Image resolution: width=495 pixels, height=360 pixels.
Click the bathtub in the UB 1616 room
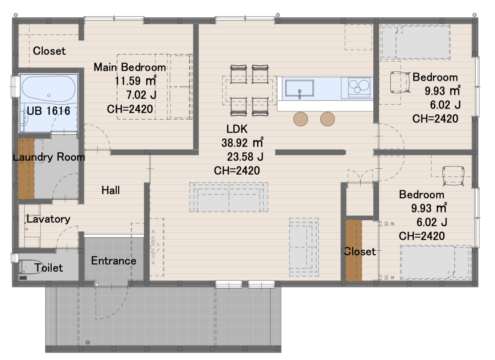click(49, 89)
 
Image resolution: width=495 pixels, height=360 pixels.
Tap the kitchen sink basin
click(299, 88)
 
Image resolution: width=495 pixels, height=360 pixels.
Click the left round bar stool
click(301, 119)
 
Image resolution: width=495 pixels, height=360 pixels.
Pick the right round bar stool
click(327, 119)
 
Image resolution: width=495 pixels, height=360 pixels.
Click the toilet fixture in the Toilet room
click(31, 267)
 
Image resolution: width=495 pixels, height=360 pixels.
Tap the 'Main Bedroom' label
click(130, 67)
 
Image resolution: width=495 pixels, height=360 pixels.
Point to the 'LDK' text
click(237, 129)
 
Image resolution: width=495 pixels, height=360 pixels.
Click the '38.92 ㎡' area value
click(242, 143)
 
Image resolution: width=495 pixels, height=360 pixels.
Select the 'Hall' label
click(110, 190)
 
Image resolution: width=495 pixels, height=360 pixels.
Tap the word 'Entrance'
click(113, 261)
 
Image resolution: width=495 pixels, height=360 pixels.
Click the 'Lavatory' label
click(48, 219)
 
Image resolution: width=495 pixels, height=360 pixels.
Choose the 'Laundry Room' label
click(49, 157)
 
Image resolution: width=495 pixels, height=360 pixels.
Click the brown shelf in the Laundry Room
click(26, 169)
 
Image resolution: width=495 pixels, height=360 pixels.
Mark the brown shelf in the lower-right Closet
click(354, 250)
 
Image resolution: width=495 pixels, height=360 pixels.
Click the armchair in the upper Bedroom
click(400, 82)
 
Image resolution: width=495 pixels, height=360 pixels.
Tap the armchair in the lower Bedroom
click(453, 176)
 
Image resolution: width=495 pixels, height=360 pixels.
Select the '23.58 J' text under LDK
click(245, 157)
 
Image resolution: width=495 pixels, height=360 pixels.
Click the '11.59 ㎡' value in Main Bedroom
click(136, 81)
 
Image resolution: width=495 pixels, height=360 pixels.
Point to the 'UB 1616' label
click(48, 111)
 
